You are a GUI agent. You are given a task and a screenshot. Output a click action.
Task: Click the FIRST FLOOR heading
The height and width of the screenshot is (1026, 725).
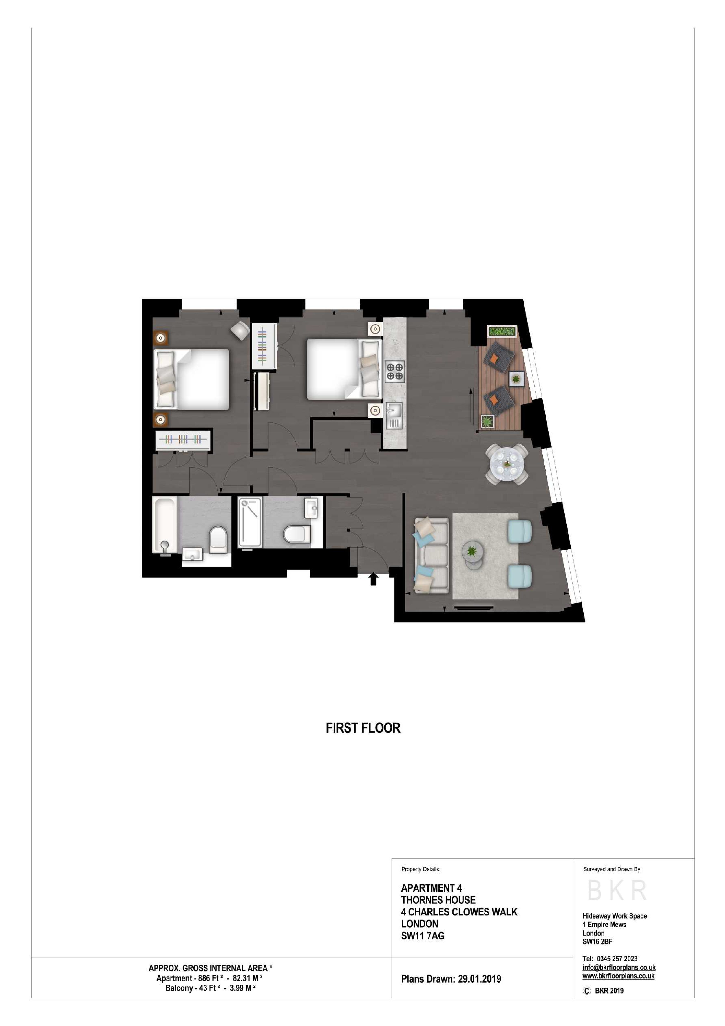click(x=363, y=728)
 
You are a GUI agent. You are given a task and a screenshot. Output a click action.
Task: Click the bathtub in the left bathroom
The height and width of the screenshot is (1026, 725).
click(x=165, y=524)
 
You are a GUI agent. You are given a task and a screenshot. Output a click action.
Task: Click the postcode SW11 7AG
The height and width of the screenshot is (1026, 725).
click(x=422, y=936)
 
